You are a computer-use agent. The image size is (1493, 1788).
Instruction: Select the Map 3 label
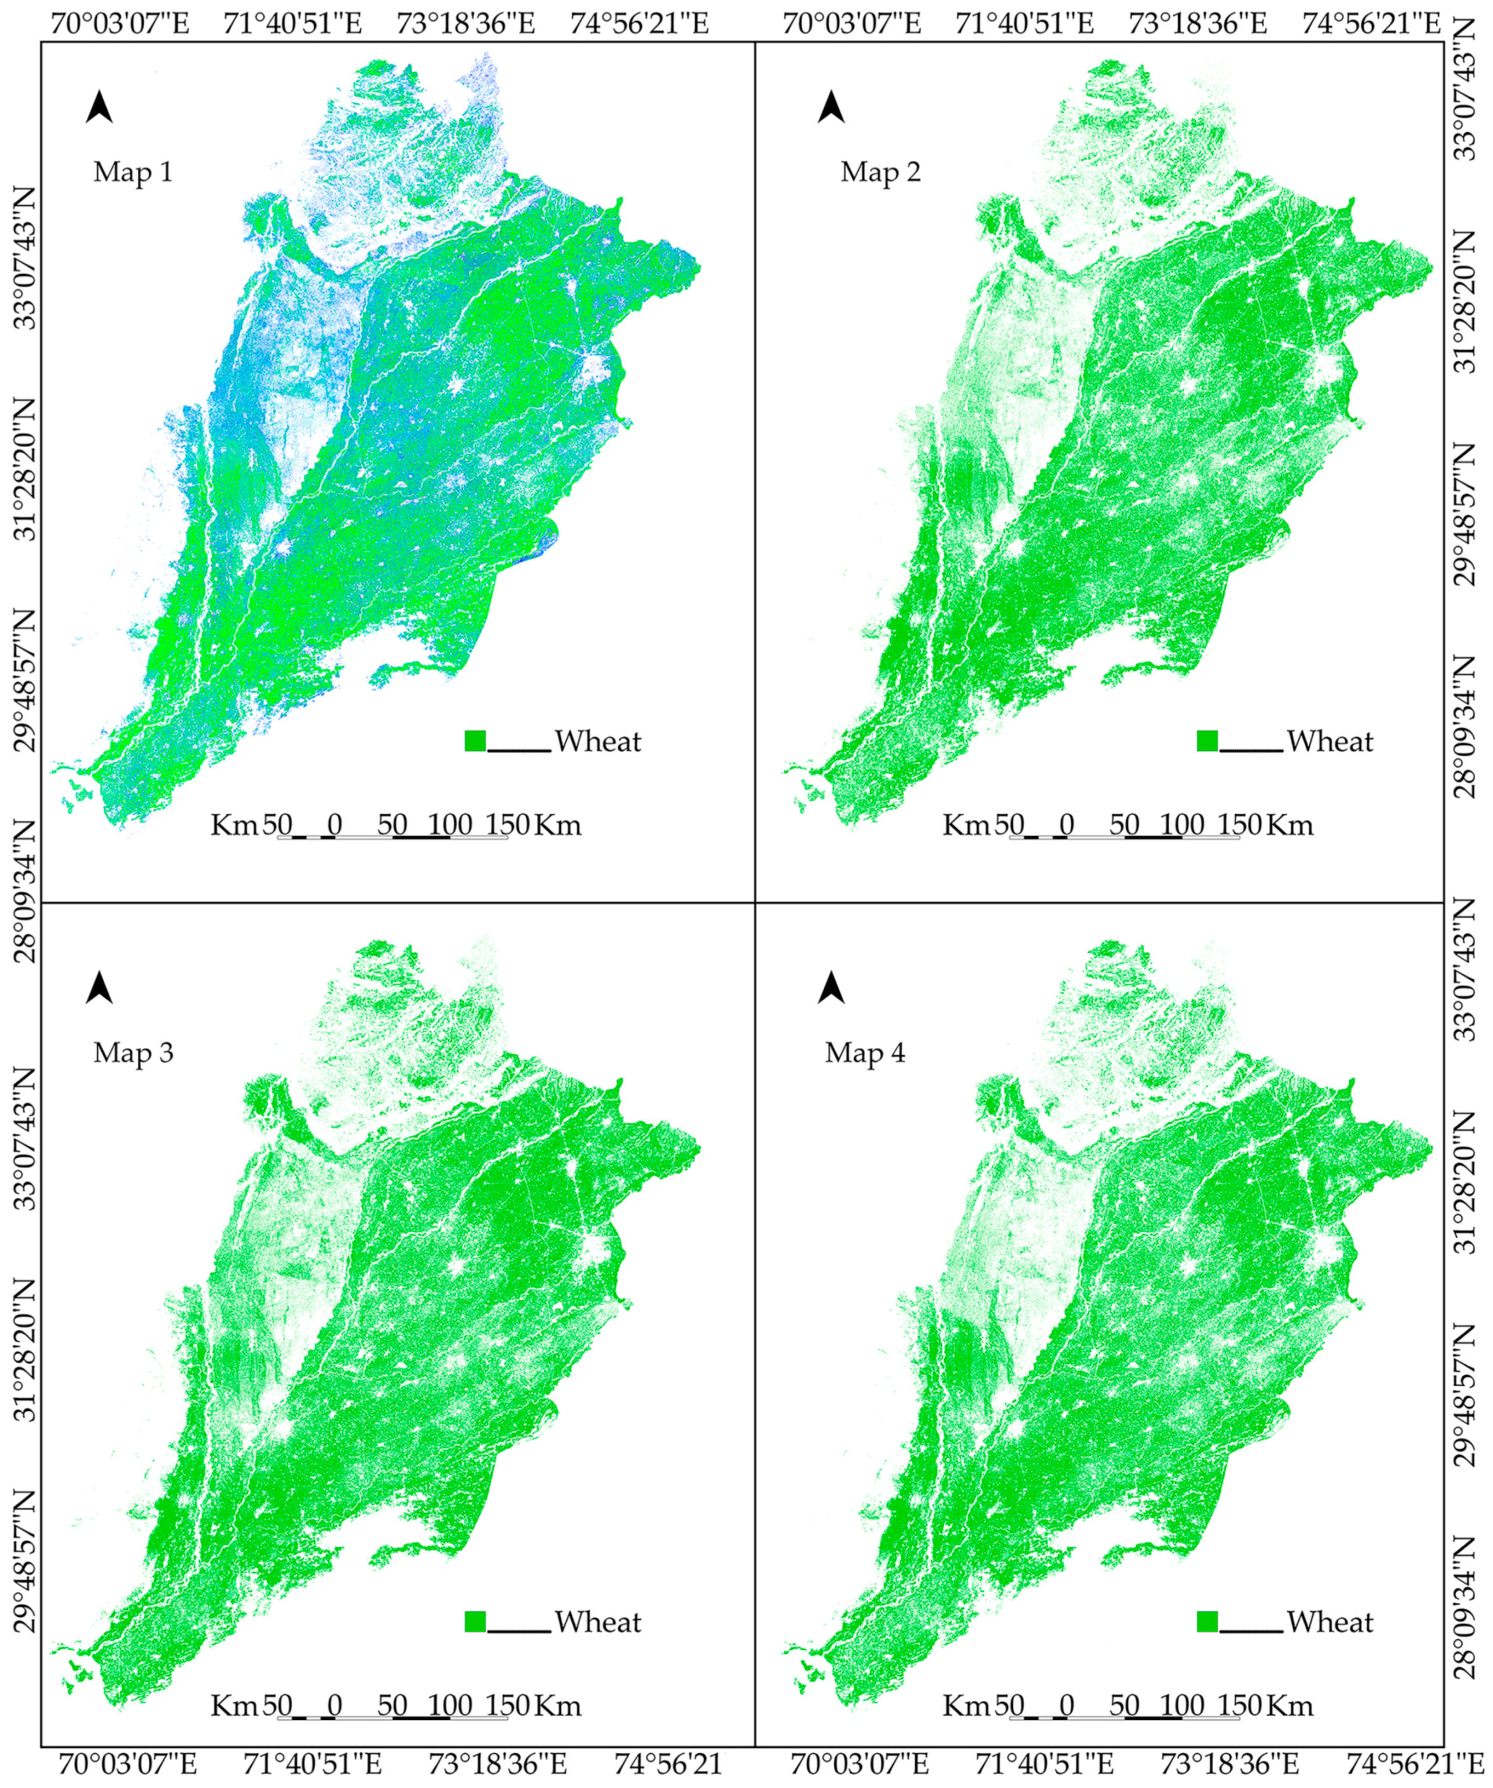point(133,1052)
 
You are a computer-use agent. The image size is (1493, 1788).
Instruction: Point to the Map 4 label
point(865,1052)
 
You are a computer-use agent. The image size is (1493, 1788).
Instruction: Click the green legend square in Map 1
point(475,741)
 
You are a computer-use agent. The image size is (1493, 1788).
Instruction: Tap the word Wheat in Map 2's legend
point(1330,741)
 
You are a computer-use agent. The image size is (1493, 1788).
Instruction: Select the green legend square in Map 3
point(475,1621)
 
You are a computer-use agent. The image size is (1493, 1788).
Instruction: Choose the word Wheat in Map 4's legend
point(1330,1622)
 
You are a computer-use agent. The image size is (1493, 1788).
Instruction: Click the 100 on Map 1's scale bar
point(450,824)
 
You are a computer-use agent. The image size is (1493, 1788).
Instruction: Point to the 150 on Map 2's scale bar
point(1239,824)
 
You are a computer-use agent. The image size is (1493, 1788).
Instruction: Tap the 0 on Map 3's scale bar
point(335,1705)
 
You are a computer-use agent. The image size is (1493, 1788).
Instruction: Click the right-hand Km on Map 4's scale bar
point(1290,1705)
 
